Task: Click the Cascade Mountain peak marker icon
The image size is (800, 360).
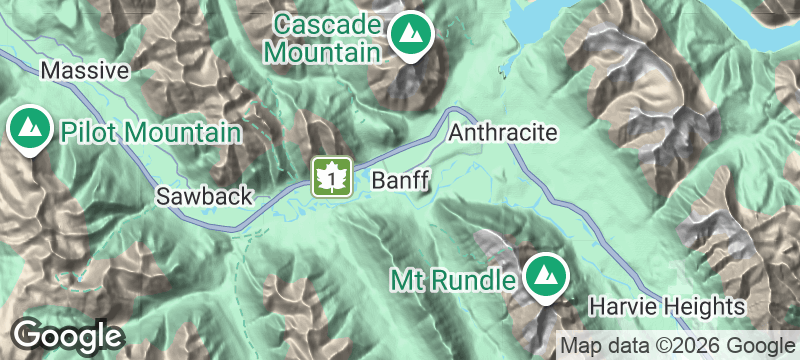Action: [x=409, y=37]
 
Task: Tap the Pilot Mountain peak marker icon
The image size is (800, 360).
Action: [x=30, y=130]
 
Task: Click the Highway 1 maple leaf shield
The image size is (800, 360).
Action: [x=330, y=178]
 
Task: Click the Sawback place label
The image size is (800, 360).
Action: [x=204, y=196]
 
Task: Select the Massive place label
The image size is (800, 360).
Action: [x=85, y=71]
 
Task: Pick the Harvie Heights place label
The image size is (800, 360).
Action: [x=667, y=305]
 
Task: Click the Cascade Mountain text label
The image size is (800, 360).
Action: [x=328, y=36]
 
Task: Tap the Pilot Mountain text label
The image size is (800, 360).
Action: [x=150, y=132]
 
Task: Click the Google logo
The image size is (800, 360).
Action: [x=68, y=335]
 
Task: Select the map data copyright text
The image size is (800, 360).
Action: [x=677, y=345]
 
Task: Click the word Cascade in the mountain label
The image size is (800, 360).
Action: [x=328, y=23]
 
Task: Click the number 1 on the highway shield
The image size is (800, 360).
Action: [x=330, y=177]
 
